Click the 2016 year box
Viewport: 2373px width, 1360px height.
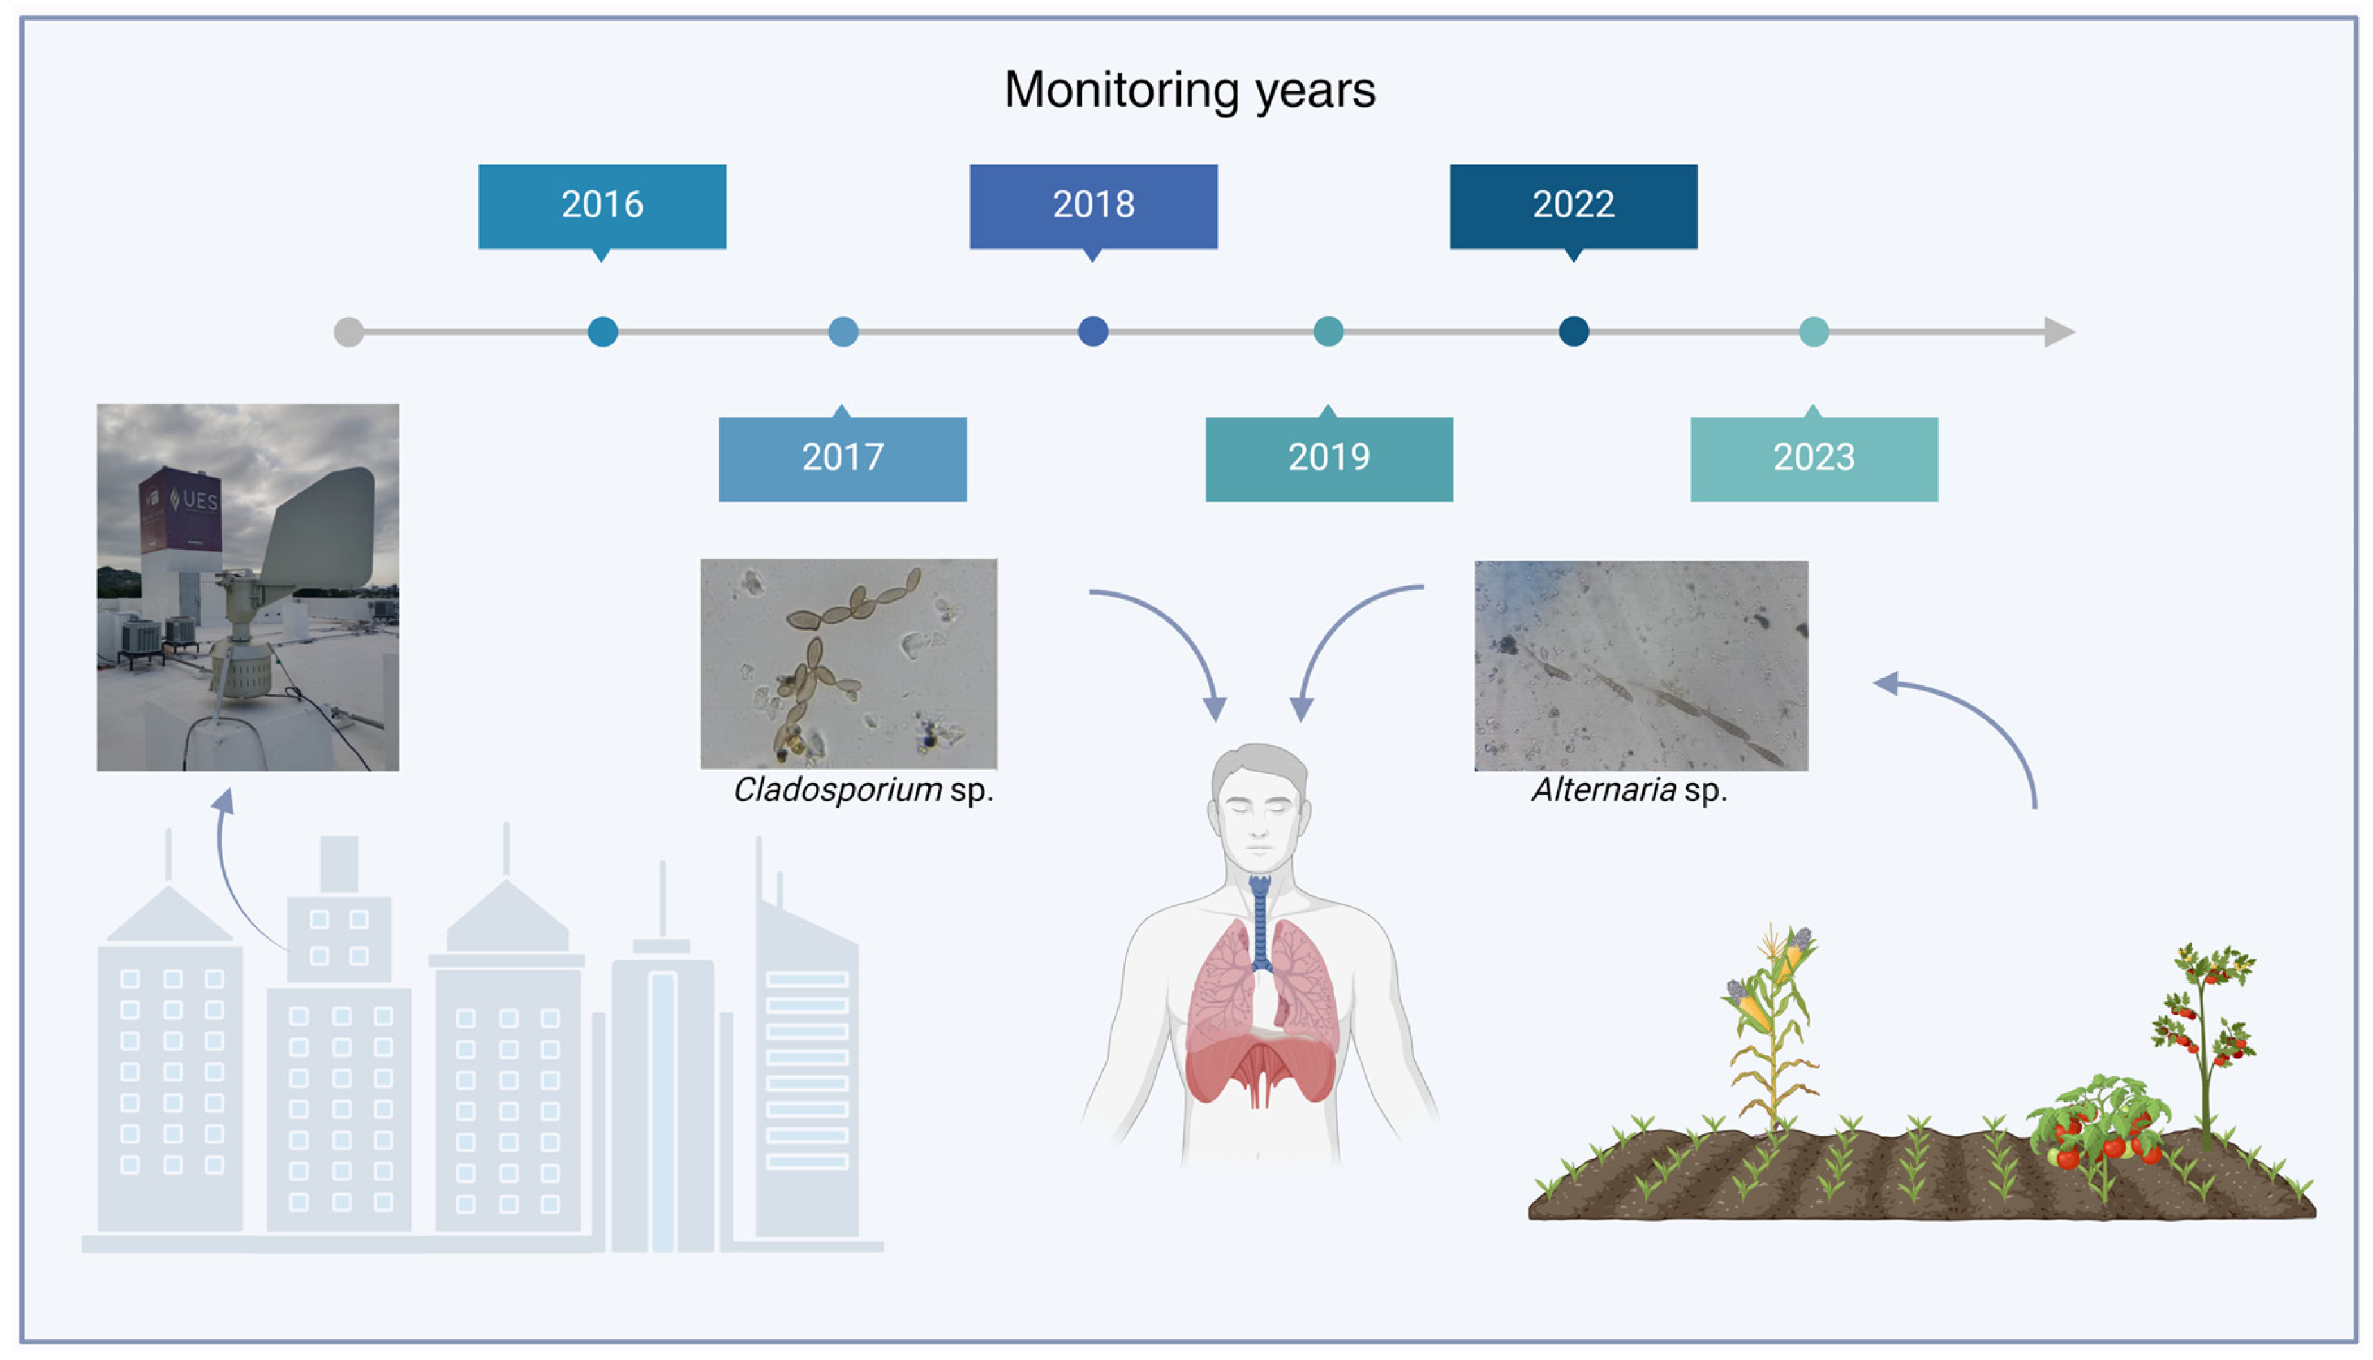tap(602, 206)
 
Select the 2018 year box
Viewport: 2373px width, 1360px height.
tap(1093, 206)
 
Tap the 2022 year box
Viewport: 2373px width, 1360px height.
tap(1573, 206)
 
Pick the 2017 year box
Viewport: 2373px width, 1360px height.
tap(842, 459)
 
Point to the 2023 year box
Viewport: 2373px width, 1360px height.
tap(1814, 459)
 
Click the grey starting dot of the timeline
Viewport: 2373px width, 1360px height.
tap(348, 332)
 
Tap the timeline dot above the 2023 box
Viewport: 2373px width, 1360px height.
tap(1814, 332)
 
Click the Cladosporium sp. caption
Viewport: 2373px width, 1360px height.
tap(862, 790)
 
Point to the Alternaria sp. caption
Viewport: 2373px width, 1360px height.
tap(1629, 790)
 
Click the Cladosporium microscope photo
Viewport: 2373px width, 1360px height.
tap(848, 663)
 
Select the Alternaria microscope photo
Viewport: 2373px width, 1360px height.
tap(1640, 665)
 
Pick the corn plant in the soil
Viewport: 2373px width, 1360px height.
tap(1771, 1028)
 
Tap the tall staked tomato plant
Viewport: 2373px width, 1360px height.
tap(2205, 1037)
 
